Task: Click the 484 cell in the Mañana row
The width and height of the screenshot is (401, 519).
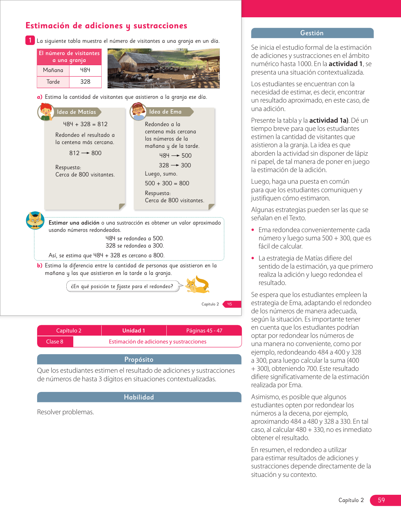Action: (85, 70)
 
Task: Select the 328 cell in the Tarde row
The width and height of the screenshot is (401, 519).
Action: (85, 82)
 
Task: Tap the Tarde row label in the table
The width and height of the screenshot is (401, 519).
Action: (53, 82)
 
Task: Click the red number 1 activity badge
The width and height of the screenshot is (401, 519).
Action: (30, 40)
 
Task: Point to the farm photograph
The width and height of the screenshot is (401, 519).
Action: (164, 68)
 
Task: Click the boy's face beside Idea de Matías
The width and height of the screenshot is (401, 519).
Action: (46, 112)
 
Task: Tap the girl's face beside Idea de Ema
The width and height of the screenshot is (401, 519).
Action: (138, 111)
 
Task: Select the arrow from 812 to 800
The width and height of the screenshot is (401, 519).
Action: (85, 153)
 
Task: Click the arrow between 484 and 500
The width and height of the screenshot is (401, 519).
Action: (175, 156)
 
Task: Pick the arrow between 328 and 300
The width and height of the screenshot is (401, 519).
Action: (175, 165)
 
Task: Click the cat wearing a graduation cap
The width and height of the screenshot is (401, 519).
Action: (35, 220)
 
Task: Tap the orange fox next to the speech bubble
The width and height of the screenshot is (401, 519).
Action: (197, 285)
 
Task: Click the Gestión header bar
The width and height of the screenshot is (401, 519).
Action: (312, 33)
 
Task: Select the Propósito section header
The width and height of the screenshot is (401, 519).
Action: (139, 359)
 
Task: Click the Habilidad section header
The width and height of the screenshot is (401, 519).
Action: (139, 397)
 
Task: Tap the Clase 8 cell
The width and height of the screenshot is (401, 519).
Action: (55, 342)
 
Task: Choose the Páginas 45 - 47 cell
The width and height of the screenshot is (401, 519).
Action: (204, 331)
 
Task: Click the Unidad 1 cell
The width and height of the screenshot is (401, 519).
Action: (134, 331)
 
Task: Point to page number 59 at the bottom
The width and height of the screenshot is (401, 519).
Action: (382, 500)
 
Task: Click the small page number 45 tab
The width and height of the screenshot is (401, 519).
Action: (230, 304)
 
